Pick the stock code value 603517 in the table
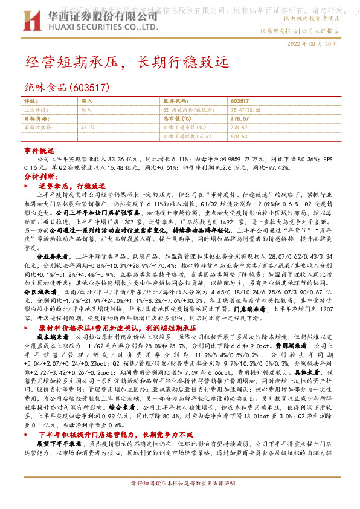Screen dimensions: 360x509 pyautogui.click(x=240, y=101)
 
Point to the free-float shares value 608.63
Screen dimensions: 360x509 pyautogui.click(x=239, y=137)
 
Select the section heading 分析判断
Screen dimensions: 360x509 pyautogui.click(x=39, y=177)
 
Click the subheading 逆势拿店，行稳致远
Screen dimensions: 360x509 pyautogui.click(x=76, y=186)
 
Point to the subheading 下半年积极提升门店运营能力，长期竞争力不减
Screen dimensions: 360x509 pyautogui.click(x=123, y=451)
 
